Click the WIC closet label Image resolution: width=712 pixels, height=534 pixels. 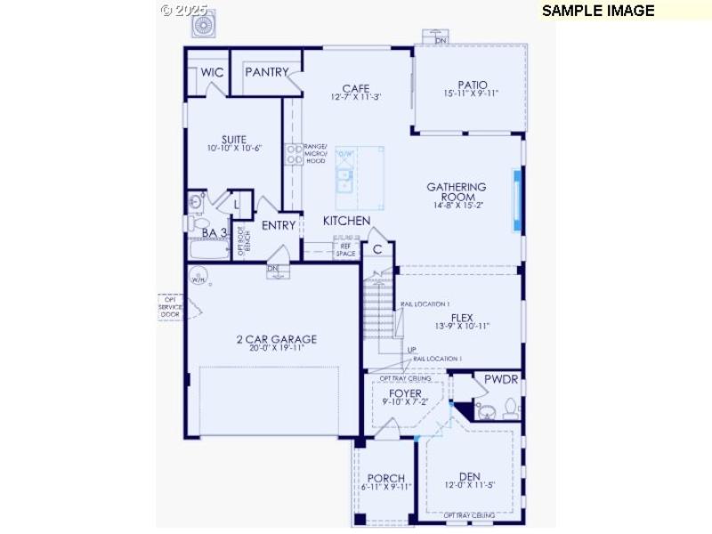tap(212, 72)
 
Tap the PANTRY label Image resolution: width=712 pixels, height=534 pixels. tap(267, 72)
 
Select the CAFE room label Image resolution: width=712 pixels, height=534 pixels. tap(356, 88)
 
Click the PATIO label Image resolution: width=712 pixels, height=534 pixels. tap(473, 85)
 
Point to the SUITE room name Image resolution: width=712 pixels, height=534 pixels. tap(234, 140)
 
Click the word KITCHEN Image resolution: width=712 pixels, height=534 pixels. tap(346, 220)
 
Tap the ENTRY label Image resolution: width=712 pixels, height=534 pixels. tap(279, 225)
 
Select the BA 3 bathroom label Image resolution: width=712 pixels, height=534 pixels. tap(214, 233)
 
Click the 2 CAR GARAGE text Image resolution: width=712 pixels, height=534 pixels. tap(277, 339)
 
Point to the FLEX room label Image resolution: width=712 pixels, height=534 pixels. tap(462, 317)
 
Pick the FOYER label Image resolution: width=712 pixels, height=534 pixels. tap(405, 393)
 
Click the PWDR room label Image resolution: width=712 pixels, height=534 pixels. tap(500, 379)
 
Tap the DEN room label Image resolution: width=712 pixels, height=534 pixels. tap(470, 477)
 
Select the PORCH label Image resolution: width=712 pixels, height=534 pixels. tap(386, 478)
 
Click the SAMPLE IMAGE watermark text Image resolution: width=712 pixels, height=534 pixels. tap(598, 11)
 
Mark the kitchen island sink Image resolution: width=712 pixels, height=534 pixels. tap(344, 182)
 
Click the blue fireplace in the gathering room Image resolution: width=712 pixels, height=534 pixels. tap(515, 199)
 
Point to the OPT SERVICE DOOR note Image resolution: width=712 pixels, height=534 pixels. tap(170, 307)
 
